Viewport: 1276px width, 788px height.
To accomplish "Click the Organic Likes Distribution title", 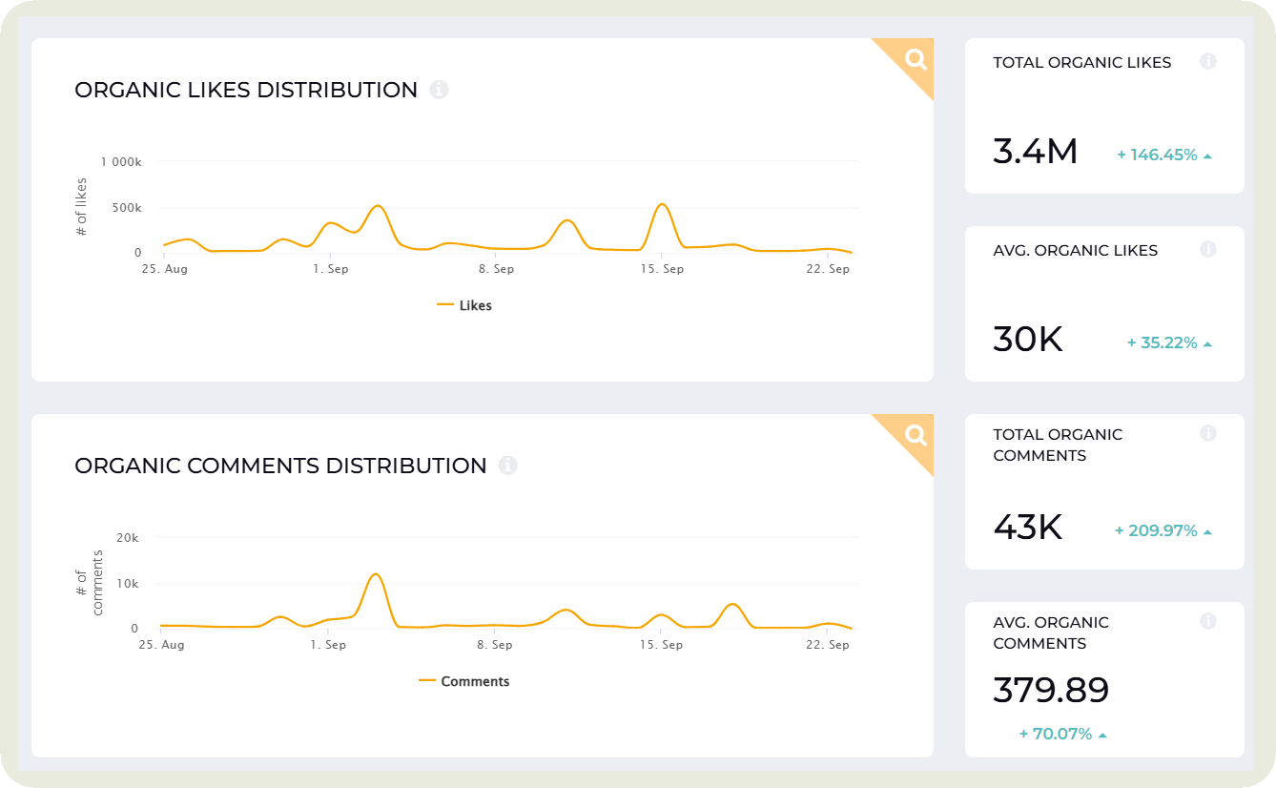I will tap(246, 90).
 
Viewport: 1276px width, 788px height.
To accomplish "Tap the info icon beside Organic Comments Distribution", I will tap(508, 466).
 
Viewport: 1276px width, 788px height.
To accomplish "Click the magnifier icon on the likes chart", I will tap(916, 60).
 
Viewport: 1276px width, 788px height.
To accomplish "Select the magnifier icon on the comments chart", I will tap(916, 436).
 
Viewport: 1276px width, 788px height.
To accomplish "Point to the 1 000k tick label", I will tap(120, 162).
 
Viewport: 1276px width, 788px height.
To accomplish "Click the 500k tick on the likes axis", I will tap(127, 208).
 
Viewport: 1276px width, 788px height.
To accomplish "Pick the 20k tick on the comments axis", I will tap(128, 538).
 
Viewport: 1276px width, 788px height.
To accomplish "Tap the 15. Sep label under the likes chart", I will tap(662, 269).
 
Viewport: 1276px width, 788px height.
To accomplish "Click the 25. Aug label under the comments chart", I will tap(160, 645).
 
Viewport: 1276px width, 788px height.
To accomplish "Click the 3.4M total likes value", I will tap(1035, 152).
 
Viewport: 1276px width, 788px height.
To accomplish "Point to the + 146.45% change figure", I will tap(1164, 155).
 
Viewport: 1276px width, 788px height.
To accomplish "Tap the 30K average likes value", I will tap(1027, 340).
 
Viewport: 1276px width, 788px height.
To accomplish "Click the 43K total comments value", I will tap(1027, 528).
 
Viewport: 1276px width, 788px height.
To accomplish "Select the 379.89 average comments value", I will tap(1051, 691).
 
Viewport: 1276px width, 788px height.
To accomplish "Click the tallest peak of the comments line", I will tap(376, 574).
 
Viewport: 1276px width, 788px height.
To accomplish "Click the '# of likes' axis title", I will tap(81, 207).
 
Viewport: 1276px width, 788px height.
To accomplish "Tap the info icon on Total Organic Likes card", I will tap(1207, 61).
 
